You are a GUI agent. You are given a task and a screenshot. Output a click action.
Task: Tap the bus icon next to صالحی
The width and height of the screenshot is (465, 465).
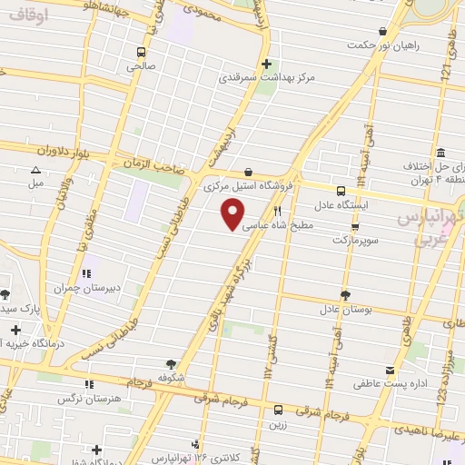141,52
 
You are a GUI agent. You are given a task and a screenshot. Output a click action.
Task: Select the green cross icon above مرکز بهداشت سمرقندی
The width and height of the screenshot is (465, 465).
266,64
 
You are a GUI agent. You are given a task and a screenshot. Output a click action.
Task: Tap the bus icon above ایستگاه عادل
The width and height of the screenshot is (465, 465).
341,192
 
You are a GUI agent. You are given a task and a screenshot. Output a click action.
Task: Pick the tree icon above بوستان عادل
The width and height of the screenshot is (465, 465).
345,295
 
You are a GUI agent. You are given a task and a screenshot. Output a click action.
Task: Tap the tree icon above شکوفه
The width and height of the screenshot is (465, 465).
170,363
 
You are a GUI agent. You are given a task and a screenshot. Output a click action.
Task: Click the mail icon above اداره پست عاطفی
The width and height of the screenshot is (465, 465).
390,370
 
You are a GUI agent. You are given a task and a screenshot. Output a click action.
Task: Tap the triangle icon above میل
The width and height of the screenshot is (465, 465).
35,170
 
